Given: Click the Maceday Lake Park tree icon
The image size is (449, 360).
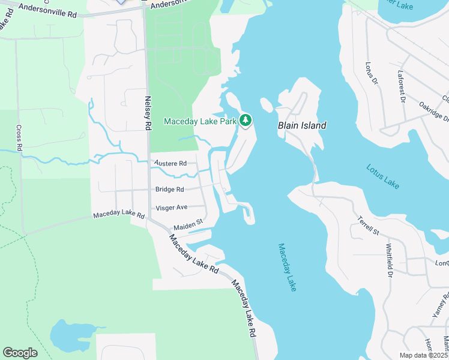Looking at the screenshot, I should point(245,121).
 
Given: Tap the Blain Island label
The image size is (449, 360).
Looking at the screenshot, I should point(302,126).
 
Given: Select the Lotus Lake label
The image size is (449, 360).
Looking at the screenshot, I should point(382,174).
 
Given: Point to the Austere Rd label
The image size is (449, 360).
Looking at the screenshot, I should point(170,163).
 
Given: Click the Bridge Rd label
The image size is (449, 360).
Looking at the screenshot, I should point(170,190).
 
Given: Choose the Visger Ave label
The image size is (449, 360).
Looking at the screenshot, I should point(172,208).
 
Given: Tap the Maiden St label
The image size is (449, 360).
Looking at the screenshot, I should point(188,227).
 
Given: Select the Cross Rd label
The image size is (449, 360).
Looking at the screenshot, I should point(19,137).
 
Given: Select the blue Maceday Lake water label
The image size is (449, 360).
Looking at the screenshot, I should point(287,267).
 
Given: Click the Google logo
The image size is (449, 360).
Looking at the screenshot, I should point(20,353).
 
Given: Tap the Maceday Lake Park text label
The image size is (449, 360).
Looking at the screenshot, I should point(200,122).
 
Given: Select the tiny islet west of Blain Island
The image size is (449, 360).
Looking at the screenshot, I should point(267,105).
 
